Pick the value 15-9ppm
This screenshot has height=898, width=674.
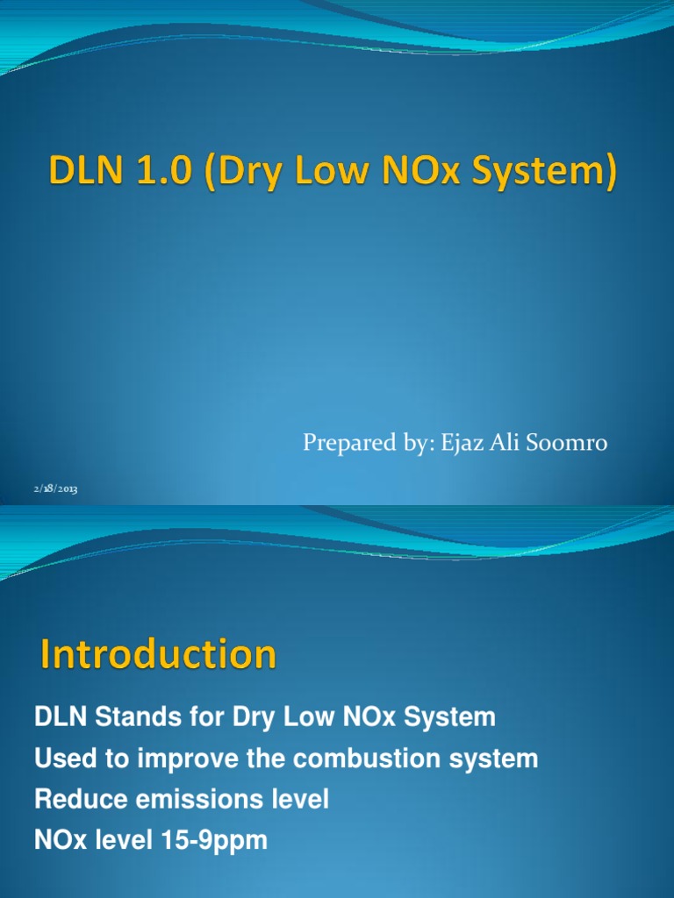[x=218, y=841]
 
